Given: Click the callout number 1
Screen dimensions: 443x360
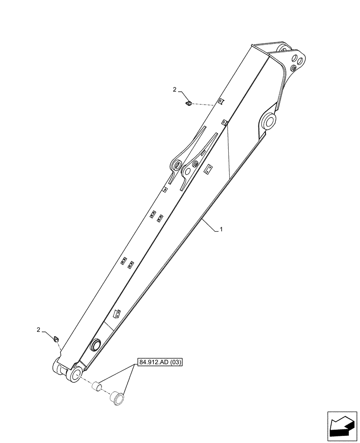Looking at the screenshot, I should pyautogui.click(x=221, y=229).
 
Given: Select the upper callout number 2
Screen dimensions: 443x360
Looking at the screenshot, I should pyautogui.click(x=175, y=90).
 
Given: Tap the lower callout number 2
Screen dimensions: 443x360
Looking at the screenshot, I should pyautogui.click(x=39, y=330).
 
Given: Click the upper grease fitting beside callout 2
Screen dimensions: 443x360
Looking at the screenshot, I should pyautogui.click(x=188, y=103).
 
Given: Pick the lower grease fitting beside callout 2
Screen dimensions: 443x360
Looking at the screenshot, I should pyautogui.click(x=56, y=339).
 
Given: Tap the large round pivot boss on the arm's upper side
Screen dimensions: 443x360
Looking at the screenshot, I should pyautogui.click(x=269, y=121).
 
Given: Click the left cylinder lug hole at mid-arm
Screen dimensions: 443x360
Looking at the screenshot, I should pyautogui.click(x=176, y=166).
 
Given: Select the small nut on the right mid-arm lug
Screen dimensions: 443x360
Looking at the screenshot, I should pyautogui.click(x=194, y=164).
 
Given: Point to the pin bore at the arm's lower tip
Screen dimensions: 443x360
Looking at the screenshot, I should pyautogui.click(x=75, y=374).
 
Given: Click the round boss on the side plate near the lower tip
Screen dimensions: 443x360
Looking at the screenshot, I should pyautogui.click(x=96, y=345).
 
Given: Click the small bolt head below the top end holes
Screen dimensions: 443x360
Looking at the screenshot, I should pyautogui.click(x=293, y=68).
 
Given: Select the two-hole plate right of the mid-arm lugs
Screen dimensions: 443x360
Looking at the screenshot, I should pyautogui.click(x=207, y=169).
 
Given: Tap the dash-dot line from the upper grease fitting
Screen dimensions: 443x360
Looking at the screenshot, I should pyautogui.click(x=205, y=104).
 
